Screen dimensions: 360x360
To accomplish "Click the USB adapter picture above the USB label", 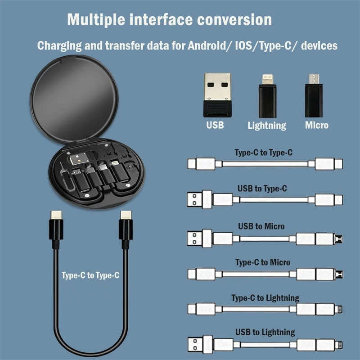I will point(217,94).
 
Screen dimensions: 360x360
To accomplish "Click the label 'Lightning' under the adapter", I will point(267,126).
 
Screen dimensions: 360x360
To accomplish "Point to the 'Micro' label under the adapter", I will point(317,125).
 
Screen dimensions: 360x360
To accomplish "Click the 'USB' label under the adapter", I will point(215,125).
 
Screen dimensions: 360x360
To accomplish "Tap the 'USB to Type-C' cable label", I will point(262,189).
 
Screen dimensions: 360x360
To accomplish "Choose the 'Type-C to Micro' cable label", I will point(263,262).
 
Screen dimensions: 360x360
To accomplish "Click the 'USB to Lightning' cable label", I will point(265,332).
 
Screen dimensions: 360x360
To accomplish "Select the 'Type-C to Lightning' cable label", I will point(265,298).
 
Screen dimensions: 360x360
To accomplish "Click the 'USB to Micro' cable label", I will point(263,226).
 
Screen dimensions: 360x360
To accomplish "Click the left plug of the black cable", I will point(56,227).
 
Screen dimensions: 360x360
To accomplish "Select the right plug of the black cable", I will point(126,227).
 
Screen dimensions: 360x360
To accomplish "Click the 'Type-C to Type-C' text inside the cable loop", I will point(90,275).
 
